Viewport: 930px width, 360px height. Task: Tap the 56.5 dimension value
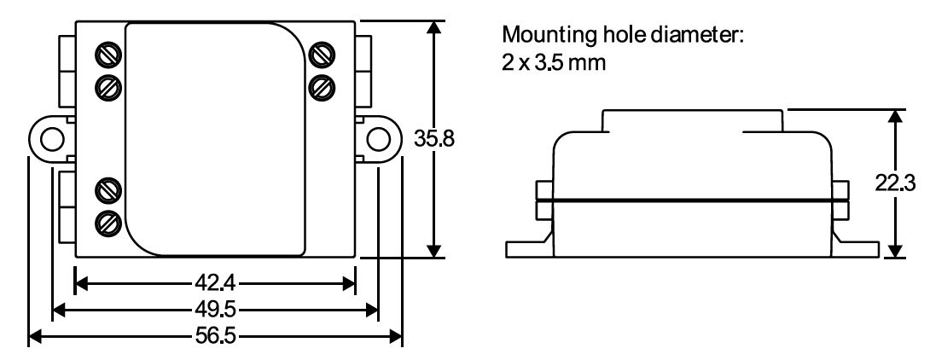point(214,335)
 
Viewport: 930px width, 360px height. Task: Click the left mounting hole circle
point(51,138)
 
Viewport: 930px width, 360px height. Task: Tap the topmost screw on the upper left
point(108,55)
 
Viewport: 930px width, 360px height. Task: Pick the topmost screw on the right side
point(321,55)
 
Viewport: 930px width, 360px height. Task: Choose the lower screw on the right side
point(321,85)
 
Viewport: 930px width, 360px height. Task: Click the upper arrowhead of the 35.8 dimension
point(435,27)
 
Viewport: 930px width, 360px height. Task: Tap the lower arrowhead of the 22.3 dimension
point(894,248)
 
